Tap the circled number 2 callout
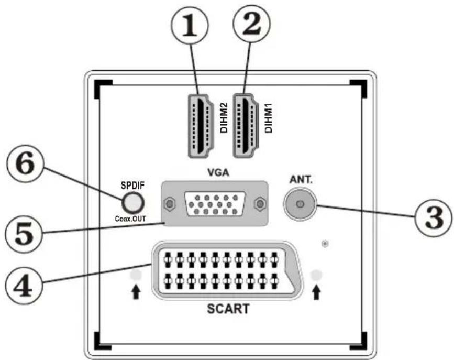(251, 24)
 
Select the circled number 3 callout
(433, 218)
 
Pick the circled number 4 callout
(24, 285)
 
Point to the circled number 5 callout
(24, 234)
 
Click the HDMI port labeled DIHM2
(201, 126)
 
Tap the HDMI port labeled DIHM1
(246, 126)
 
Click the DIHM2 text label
(224, 118)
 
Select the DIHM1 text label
(269, 118)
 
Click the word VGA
(218, 173)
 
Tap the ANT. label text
(301, 180)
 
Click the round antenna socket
(300, 204)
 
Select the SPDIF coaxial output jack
(133, 203)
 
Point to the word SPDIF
(132, 186)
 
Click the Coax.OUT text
(130, 219)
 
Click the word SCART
(228, 309)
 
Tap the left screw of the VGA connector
(169, 204)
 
